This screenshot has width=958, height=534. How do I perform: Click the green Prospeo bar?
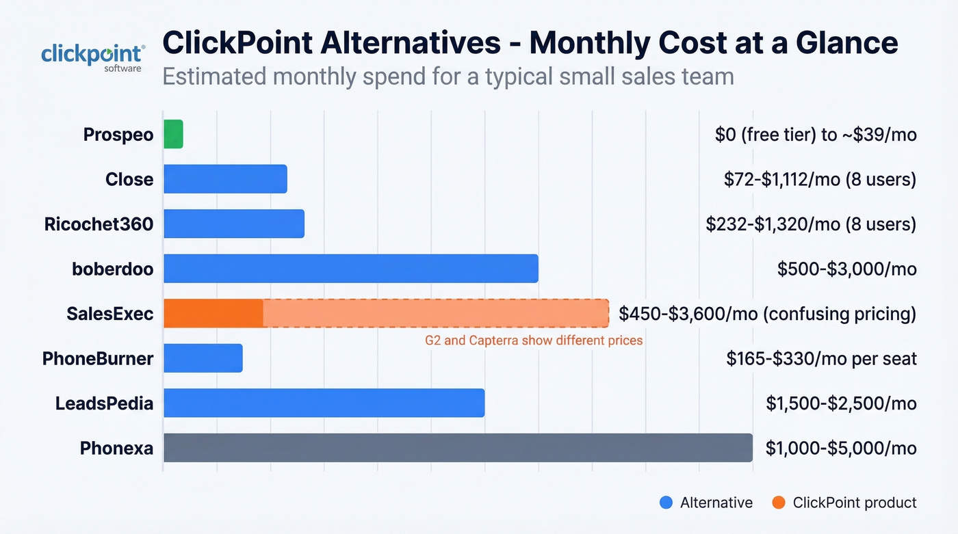tap(173, 134)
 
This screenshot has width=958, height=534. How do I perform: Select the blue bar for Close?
tap(225, 179)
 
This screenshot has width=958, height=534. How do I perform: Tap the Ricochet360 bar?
tap(233, 224)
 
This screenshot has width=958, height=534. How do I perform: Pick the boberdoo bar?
tap(350, 269)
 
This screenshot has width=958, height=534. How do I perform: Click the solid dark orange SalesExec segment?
tap(213, 313)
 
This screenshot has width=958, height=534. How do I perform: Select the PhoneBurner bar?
tap(203, 358)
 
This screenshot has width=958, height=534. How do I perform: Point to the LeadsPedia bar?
tap(324, 403)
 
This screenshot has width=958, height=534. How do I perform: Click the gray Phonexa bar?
tap(457, 448)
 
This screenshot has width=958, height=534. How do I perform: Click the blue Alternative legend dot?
tap(665, 503)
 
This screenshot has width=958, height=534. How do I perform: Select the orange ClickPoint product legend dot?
tap(778, 503)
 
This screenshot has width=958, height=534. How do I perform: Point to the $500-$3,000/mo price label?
tap(846, 269)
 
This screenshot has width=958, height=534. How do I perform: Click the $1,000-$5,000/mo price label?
tap(841, 448)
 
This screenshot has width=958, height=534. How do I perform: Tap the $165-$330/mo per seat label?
tap(821, 358)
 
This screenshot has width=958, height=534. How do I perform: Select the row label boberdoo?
tap(113, 269)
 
